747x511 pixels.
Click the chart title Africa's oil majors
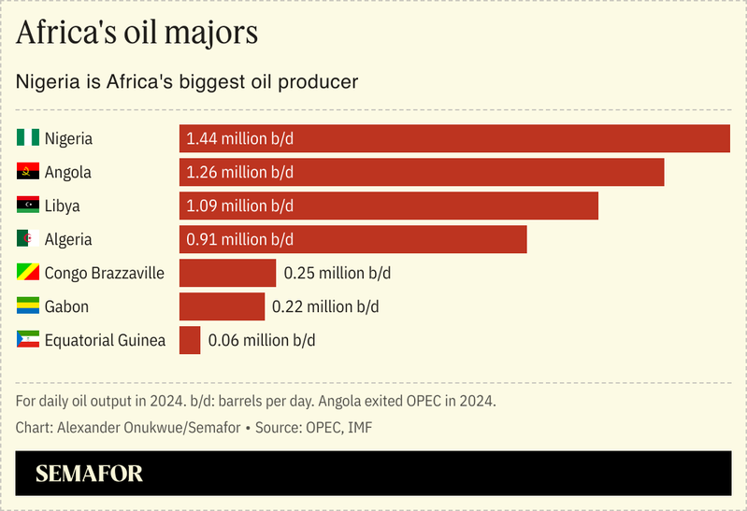point(137,33)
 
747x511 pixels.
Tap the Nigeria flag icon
point(27,138)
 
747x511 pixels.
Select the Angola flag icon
point(27,172)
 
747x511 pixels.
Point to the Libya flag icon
point(27,206)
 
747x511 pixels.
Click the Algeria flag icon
point(27,239)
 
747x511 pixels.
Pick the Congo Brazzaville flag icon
point(27,273)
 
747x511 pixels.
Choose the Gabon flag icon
point(27,306)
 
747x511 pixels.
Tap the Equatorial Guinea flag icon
point(27,340)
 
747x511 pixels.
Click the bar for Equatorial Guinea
point(190,340)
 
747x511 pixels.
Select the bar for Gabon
point(222,306)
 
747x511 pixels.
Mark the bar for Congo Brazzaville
point(227,273)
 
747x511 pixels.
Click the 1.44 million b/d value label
point(239,138)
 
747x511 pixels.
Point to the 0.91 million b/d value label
point(239,239)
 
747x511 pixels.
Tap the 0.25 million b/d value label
point(337,273)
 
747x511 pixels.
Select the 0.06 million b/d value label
point(261,340)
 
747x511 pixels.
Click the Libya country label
point(63,206)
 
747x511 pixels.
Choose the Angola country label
point(67,172)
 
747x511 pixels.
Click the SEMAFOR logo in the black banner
point(89,474)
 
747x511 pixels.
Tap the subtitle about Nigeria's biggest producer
point(187,81)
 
